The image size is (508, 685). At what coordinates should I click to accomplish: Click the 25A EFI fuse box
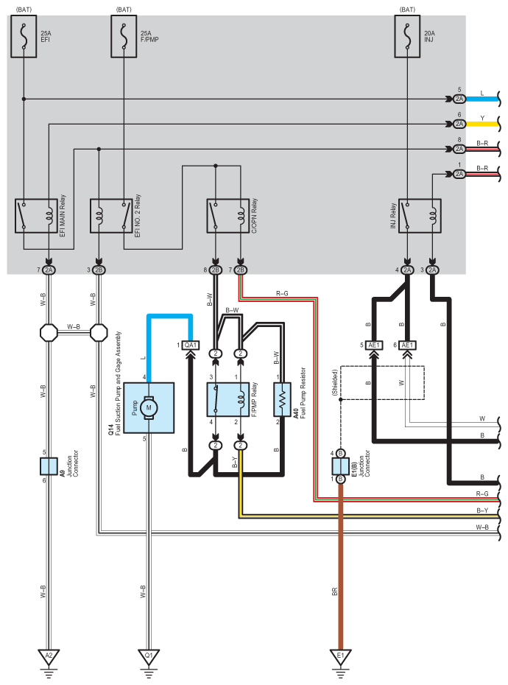point(24,36)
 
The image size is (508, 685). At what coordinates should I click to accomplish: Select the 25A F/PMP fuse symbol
point(124,36)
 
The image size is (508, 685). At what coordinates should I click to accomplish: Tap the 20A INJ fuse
point(408,36)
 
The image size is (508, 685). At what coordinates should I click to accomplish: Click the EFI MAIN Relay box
point(36,216)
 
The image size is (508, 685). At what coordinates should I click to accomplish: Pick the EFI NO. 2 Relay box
point(111,216)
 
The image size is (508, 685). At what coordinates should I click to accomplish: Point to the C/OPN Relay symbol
point(228,216)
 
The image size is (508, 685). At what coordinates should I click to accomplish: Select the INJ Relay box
point(420,216)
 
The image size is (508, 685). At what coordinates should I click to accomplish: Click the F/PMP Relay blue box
point(228,399)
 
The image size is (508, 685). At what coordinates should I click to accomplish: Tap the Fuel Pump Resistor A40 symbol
point(282,399)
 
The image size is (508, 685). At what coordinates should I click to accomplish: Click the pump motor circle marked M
point(149,407)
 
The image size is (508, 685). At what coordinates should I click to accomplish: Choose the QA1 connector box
point(191,345)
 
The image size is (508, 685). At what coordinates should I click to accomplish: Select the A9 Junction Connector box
point(49,466)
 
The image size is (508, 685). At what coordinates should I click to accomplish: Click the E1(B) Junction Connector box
point(340,466)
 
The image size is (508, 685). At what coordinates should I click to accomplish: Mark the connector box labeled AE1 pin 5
point(374,345)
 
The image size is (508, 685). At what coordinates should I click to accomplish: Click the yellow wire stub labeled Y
point(482,124)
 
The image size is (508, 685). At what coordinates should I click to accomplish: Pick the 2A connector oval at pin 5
point(459,99)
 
